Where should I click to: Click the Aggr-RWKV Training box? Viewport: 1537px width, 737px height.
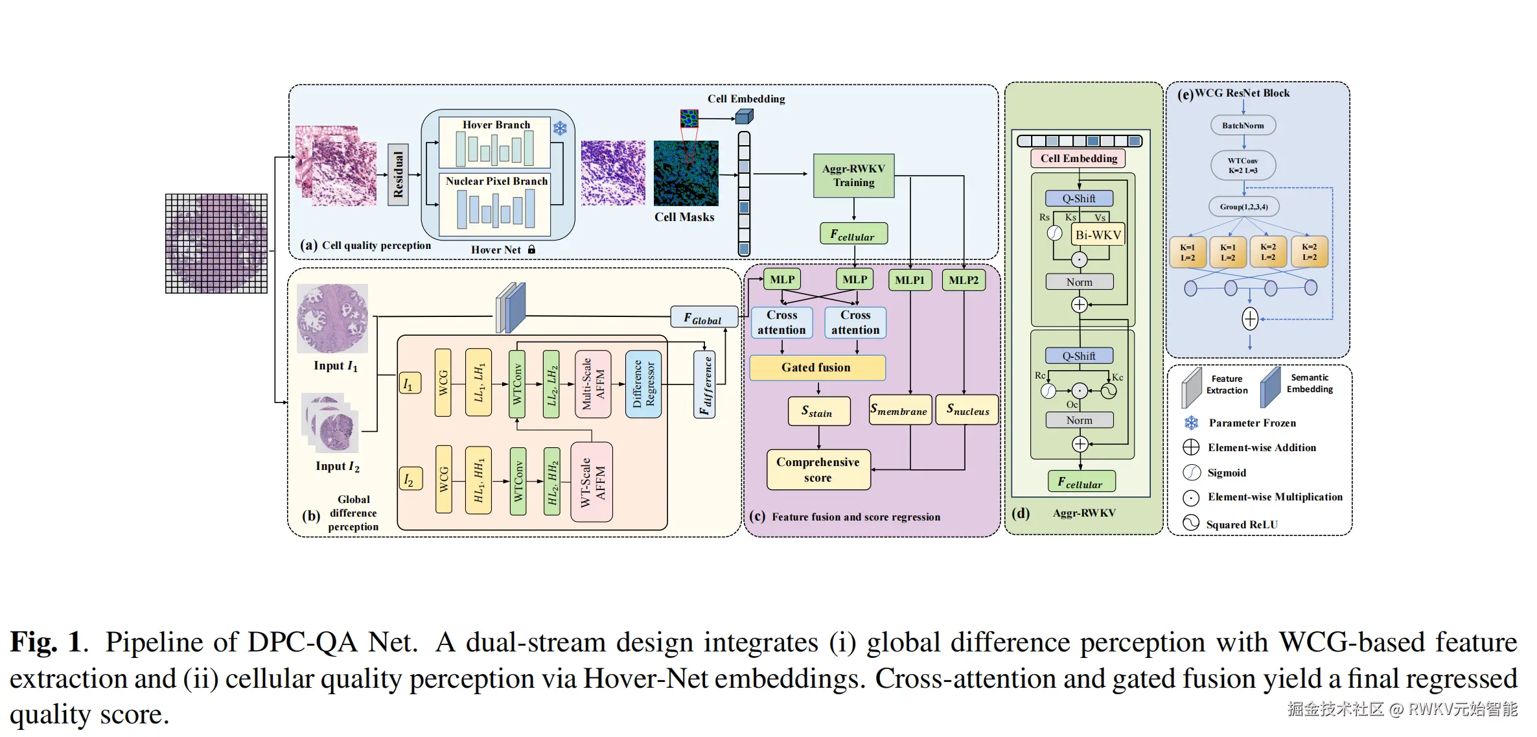(x=853, y=176)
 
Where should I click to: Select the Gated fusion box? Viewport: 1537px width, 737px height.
(x=816, y=368)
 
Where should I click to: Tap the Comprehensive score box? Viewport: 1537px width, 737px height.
(x=818, y=470)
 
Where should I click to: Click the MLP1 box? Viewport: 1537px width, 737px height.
(x=910, y=280)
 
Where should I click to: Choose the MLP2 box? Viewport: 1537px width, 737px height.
(x=964, y=280)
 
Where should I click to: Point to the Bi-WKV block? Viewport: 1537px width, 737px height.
(x=1098, y=235)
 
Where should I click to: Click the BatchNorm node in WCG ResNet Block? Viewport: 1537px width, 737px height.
(x=1243, y=126)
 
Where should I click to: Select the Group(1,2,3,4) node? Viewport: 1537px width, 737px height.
(x=1243, y=207)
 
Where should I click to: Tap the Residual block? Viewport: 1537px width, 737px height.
(x=398, y=175)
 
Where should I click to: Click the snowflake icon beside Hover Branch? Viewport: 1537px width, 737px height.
(x=560, y=128)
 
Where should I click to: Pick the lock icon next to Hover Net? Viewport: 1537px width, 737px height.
(x=532, y=250)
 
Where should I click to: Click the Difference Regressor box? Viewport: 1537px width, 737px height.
(x=643, y=384)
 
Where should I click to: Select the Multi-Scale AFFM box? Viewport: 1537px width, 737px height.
(x=593, y=384)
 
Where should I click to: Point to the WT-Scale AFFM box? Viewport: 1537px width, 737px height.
(x=592, y=482)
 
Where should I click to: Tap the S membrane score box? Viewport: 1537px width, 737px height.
(x=899, y=410)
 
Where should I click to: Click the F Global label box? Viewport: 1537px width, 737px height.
(x=704, y=318)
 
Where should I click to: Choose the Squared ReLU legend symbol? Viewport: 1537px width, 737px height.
(x=1191, y=523)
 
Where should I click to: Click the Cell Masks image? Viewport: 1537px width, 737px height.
(x=686, y=173)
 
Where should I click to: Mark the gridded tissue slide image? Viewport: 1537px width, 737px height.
(x=216, y=243)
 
